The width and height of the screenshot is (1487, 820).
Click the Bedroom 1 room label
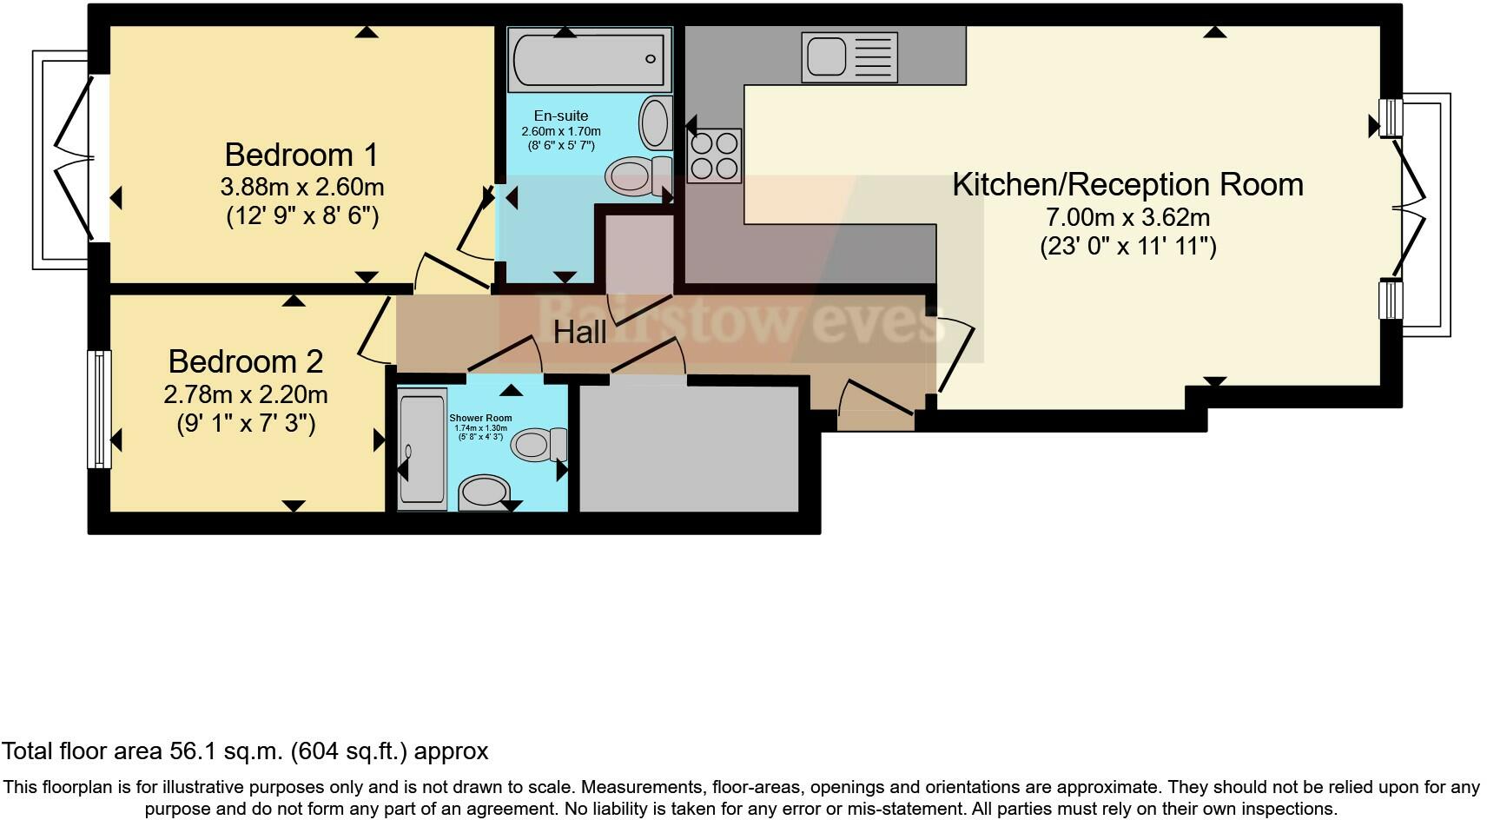(301, 155)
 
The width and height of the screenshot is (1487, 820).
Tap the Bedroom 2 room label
(246, 361)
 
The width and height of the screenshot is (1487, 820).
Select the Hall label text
(579, 332)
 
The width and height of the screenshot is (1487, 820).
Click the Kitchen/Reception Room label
(1127, 185)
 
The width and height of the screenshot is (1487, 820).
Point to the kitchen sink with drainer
(849, 57)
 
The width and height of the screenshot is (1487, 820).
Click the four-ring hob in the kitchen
(714, 155)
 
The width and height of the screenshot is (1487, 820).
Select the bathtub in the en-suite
(589, 59)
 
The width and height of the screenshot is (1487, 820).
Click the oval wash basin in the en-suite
(655, 122)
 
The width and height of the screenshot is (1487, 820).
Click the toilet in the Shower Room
(539, 445)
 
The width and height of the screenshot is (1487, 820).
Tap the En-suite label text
(560, 116)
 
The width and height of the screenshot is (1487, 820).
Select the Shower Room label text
(480, 418)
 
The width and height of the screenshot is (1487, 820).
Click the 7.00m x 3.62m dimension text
(1128, 217)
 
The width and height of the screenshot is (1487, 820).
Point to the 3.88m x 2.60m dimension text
(301, 187)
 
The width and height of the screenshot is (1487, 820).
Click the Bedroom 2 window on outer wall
(99, 408)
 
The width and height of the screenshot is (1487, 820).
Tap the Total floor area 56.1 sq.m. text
(245, 751)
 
